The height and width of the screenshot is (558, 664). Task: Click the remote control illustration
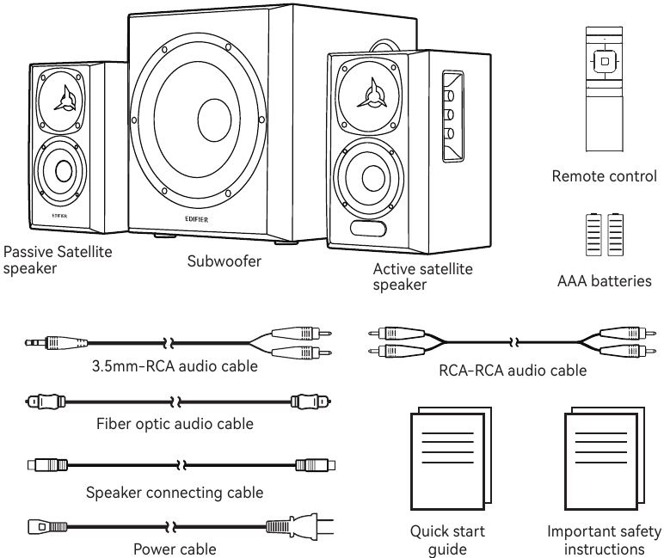(x=605, y=89)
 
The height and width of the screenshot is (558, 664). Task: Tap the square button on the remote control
(x=605, y=61)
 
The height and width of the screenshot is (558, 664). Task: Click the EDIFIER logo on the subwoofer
(x=196, y=219)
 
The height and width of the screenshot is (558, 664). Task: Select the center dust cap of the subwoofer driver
(x=215, y=120)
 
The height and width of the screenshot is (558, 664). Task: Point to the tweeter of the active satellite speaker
(x=368, y=96)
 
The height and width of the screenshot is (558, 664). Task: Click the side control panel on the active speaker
(x=453, y=117)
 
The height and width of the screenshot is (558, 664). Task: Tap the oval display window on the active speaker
(x=368, y=229)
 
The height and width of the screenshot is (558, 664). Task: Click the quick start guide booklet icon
(x=451, y=458)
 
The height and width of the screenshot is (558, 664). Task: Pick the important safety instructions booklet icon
(x=605, y=458)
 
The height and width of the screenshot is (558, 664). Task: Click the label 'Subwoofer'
(x=224, y=261)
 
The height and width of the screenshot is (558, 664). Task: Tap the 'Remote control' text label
(x=605, y=176)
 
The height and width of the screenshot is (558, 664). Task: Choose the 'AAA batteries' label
(x=605, y=280)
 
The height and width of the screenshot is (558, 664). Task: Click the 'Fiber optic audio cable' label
(x=175, y=424)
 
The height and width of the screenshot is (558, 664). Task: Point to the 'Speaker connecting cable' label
(x=175, y=493)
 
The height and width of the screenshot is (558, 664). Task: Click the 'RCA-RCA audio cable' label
(x=513, y=371)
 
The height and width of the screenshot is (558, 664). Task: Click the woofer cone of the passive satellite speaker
(x=61, y=170)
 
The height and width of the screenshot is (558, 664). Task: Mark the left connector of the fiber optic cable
(x=46, y=401)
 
